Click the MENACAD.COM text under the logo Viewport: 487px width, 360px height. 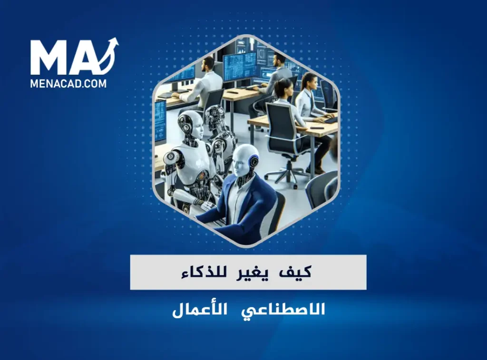coord(68,84)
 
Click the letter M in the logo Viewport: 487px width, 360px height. coord(47,58)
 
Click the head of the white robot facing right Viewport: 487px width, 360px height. coord(190,124)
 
